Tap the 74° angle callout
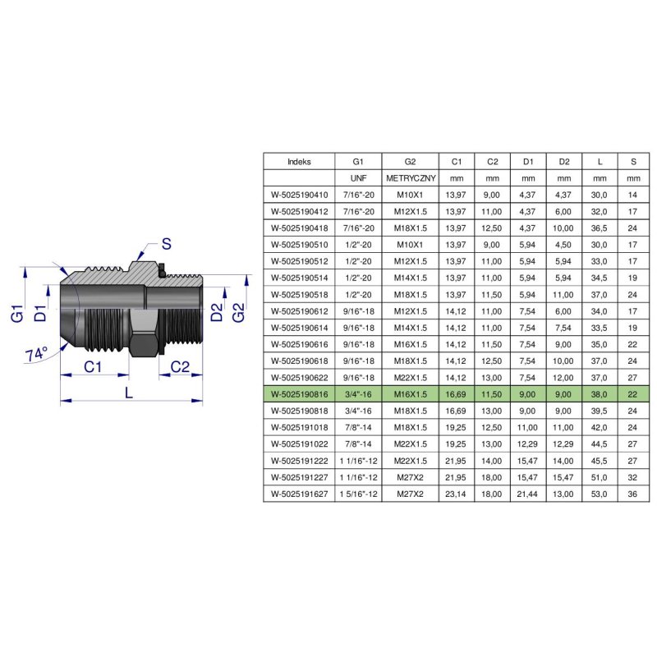point(36,354)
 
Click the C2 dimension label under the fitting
point(181,367)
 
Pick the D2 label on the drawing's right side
point(216,312)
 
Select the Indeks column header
point(299,162)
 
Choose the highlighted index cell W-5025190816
point(299,393)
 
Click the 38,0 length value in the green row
point(600,393)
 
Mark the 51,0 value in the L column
point(600,478)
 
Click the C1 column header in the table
point(457,162)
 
